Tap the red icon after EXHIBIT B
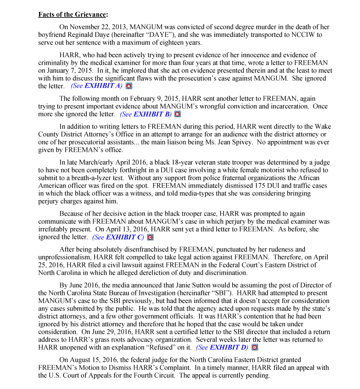[x=177, y=114]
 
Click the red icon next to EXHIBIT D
[x=255, y=347]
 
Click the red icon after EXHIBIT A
[x=129, y=86]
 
